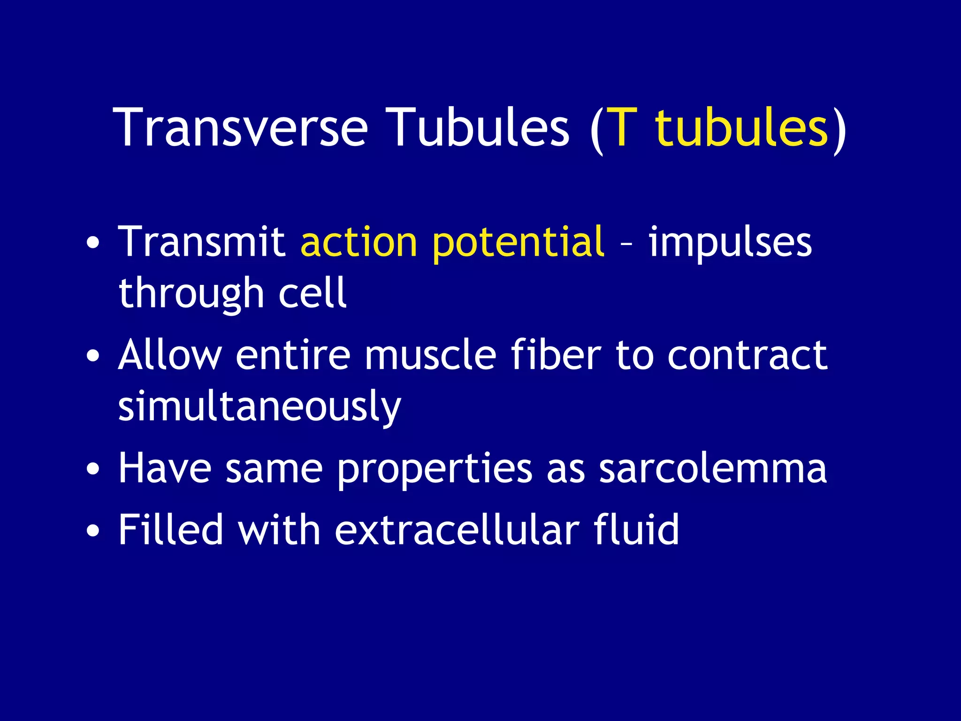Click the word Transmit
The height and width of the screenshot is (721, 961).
pyautogui.click(x=202, y=242)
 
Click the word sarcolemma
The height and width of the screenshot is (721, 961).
pyautogui.click(x=713, y=469)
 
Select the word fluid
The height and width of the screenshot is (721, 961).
pyautogui.click(x=636, y=529)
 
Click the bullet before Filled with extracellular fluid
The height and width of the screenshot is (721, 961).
pyautogui.click(x=93, y=531)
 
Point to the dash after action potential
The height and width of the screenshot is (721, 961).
pyautogui.click(x=626, y=244)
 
